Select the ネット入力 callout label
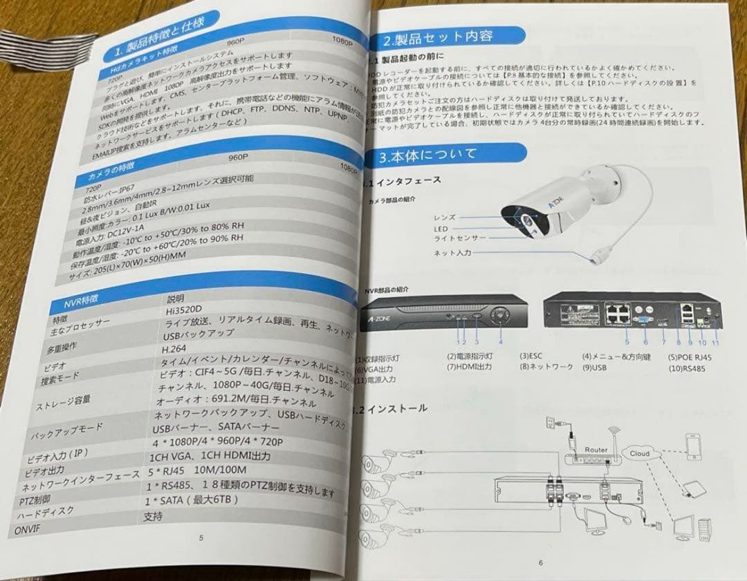pos(453,254)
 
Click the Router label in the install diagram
pos(596,449)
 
